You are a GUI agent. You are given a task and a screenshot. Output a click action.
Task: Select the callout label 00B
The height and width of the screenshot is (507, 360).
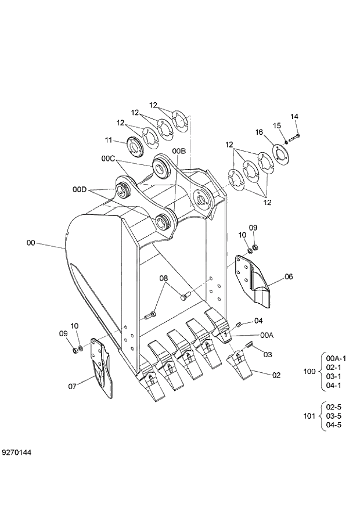[178, 151]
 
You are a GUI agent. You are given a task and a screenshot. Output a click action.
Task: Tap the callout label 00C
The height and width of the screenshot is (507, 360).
[109, 158]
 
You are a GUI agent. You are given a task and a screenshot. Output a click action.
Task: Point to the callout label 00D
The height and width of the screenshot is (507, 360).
[80, 189]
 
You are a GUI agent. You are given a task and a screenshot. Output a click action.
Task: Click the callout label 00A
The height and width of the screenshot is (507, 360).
[267, 335]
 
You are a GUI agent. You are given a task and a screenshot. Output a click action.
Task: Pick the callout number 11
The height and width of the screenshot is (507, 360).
[108, 139]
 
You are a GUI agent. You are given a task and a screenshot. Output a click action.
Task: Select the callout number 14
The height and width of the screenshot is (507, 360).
[294, 117]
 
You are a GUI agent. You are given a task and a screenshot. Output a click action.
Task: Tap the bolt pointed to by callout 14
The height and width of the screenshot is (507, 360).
[293, 137]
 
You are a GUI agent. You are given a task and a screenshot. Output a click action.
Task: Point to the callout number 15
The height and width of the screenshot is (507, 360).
[277, 126]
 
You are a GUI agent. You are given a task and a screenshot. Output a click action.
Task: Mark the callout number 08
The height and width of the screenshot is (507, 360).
[164, 278]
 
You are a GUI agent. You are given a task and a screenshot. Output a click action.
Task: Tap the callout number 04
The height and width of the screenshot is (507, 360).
[258, 321]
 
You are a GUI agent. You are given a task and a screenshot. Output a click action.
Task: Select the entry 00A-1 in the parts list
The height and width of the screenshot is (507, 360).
[336, 358]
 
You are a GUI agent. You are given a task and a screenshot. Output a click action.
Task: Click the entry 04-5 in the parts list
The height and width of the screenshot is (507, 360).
[334, 425]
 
